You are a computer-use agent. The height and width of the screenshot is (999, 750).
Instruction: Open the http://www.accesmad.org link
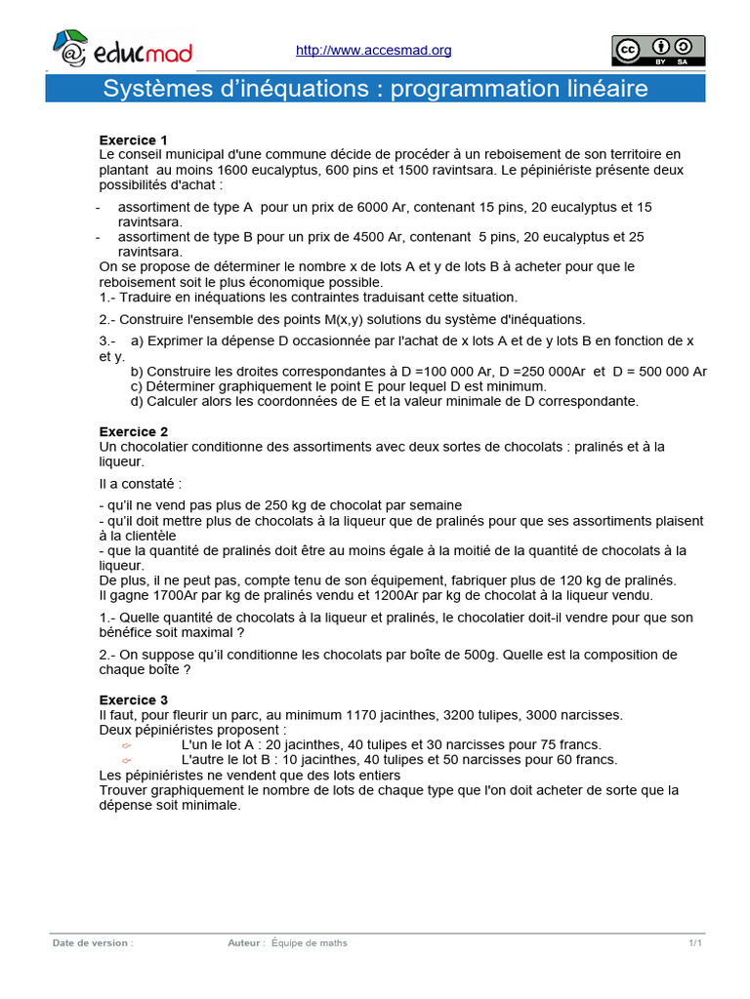pos(373,50)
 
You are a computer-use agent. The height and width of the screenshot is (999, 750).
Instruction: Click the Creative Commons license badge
pos(658,50)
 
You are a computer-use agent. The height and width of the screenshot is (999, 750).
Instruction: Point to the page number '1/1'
pos(695,942)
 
